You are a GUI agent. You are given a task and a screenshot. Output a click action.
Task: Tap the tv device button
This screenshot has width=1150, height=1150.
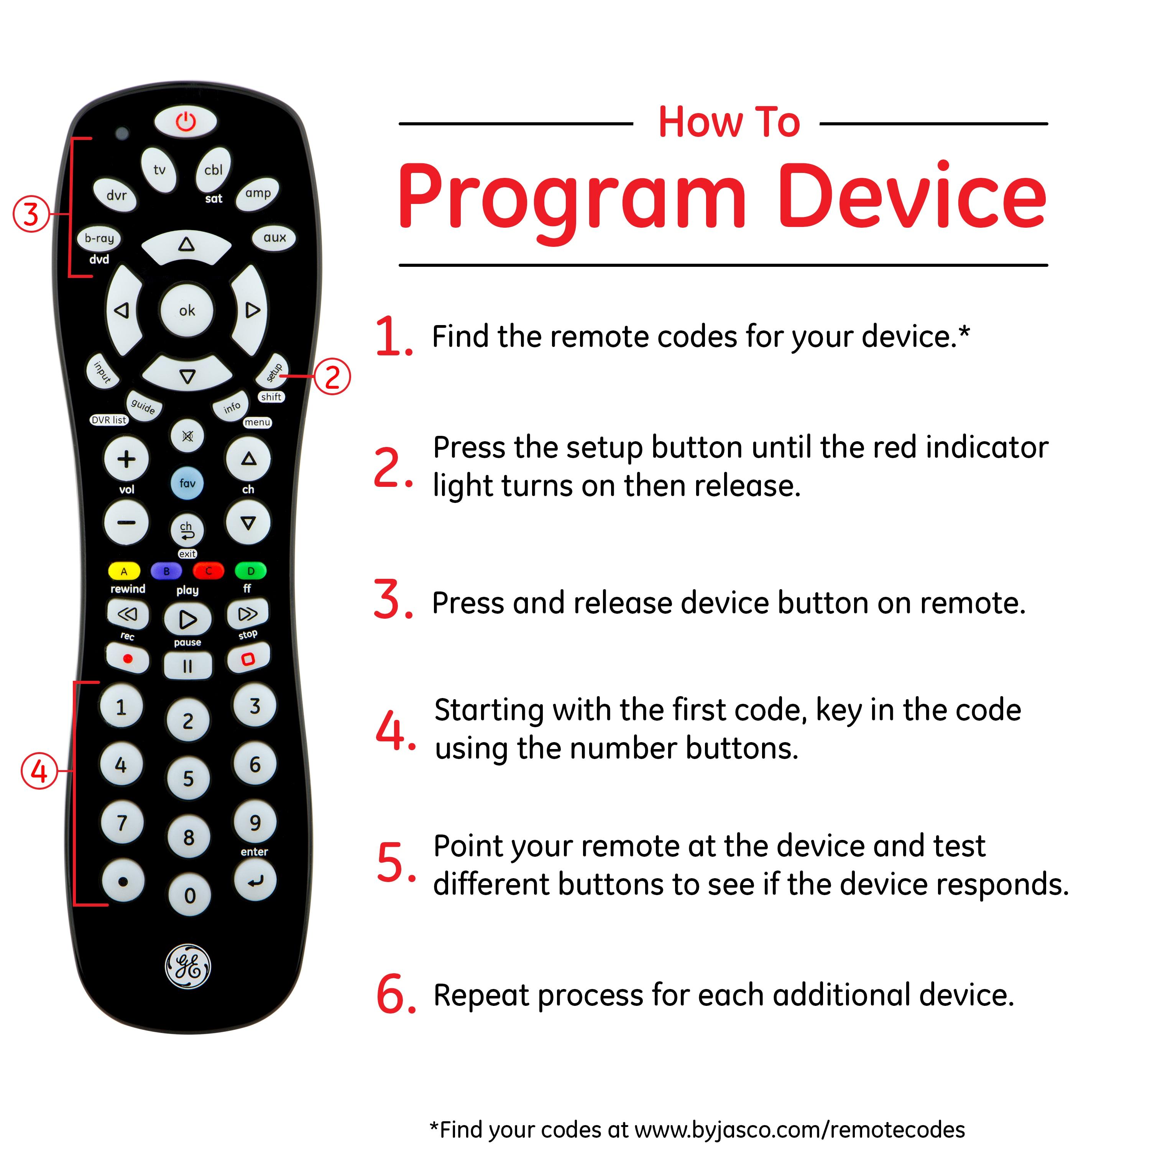tap(159, 170)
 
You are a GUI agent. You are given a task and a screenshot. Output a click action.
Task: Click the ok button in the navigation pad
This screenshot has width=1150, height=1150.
tap(187, 310)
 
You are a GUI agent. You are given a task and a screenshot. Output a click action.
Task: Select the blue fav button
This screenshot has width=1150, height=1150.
tap(187, 483)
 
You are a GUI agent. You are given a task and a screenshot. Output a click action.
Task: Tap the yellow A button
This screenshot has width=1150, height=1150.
tap(124, 571)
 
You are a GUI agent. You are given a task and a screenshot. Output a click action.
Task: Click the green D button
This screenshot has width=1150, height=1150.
tap(251, 571)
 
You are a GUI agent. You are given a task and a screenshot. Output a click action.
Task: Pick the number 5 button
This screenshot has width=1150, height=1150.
tap(188, 779)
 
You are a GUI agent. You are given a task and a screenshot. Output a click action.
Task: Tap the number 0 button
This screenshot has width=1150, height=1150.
tap(190, 895)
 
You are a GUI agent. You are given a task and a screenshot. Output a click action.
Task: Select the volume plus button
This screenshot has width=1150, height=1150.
tap(126, 459)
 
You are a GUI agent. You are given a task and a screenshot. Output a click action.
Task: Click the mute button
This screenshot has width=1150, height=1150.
tap(187, 436)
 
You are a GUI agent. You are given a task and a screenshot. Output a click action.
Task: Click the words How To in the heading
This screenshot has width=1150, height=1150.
tap(729, 123)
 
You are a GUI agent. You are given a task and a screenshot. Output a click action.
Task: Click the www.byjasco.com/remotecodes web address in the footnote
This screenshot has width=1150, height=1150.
tap(799, 1129)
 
